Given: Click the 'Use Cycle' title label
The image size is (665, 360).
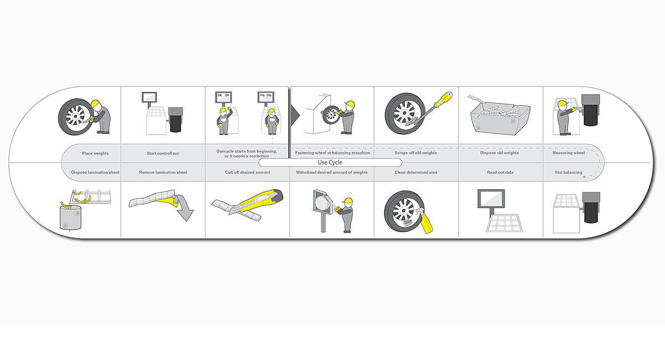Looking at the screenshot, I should [330, 162].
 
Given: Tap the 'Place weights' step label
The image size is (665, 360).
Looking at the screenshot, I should [95, 153].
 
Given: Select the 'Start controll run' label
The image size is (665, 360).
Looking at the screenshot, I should [163, 153].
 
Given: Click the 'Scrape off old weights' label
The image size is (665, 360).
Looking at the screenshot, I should [416, 153].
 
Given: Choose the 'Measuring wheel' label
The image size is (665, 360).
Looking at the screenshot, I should [568, 153].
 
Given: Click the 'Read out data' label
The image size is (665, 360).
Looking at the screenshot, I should [500, 172].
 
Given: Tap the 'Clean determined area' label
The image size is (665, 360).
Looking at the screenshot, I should [416, 172].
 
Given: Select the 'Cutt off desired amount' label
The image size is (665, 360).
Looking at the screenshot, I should [247, 172].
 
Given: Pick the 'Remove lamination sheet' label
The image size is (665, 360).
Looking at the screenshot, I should [163, 172].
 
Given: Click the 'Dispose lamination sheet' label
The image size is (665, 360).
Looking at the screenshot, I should [95, 172].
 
